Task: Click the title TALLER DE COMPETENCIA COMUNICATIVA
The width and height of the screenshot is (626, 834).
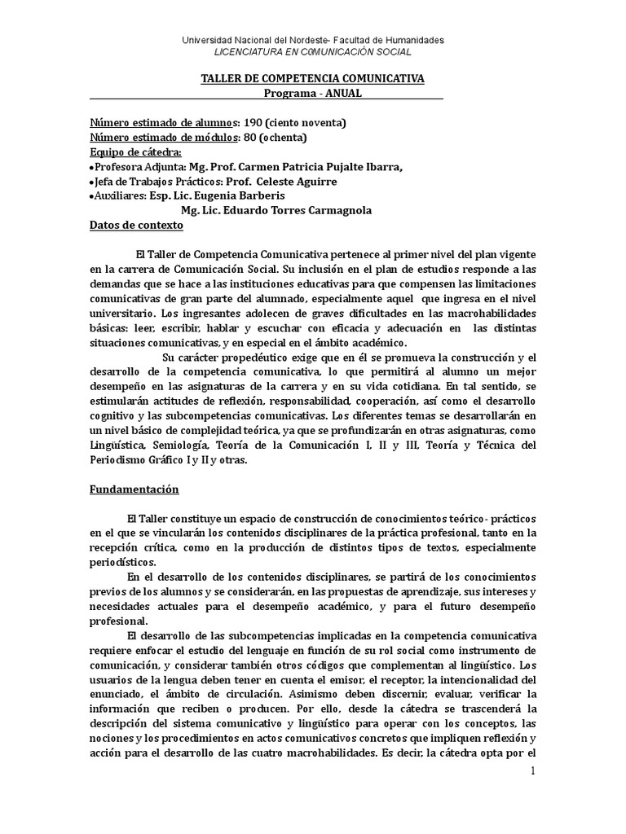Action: coord(312,78)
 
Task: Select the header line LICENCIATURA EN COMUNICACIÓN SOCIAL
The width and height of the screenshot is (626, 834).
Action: coord(312,51)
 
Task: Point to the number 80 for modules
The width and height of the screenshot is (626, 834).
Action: coord(250,138)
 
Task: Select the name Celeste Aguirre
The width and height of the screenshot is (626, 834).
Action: coord(302,182)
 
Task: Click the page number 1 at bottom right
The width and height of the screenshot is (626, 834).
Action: coord(533,770)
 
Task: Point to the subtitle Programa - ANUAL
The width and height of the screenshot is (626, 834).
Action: coord(312,93)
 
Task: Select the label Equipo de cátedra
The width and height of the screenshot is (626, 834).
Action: coord(135,152)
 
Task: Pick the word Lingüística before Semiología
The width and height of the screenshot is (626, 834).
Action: coord(119,446)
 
